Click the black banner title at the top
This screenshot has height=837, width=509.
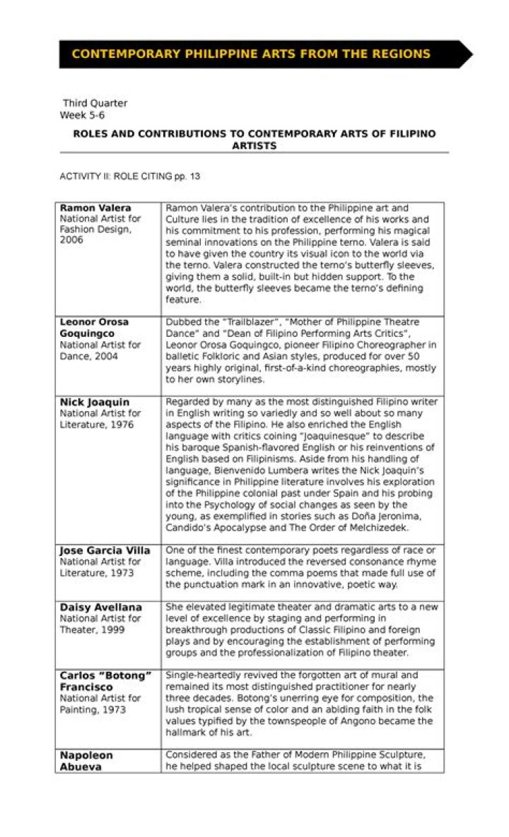pyautogui.click(x=251, y=54)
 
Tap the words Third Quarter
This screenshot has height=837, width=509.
pyautogui.click(x=95, y=103)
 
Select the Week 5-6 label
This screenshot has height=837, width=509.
pyautogui.click(x=82, y=114)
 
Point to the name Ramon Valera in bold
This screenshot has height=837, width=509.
pyautogui.click(x=95, y=208)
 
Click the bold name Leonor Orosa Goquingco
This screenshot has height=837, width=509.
pyautogui.click(x=94, y=328)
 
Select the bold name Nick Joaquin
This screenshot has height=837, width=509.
pyautogui.click(x=95, y=402)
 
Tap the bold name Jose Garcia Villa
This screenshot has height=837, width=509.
pyautogui.click(x=105, y=550)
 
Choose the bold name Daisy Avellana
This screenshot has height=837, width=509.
pyautogui.click(x=100, y=607)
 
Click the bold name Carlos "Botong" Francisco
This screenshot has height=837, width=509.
pyautogui.click(x=105, y=681)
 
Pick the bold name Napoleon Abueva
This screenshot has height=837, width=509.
pyautogui.click(x=86, y=761)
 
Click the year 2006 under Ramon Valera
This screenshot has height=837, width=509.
pyautogui.click(x=71, y=240)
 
